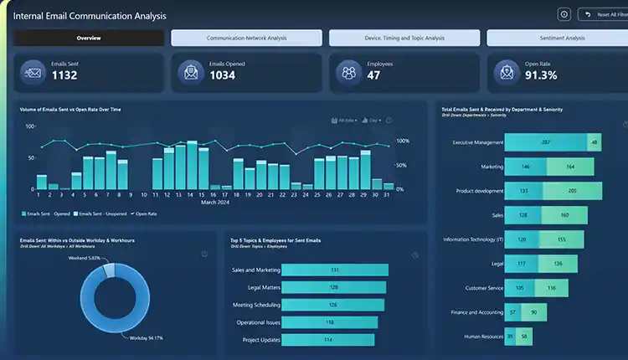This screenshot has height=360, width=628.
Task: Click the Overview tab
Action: [x=89, y=38]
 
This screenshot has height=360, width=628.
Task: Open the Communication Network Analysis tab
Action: [x=246, y=38]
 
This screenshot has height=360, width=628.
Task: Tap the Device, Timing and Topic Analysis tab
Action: [x=404, y=38]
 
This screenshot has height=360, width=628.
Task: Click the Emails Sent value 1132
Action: [x=66, y=76]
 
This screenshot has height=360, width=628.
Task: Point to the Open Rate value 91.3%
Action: [x=541, y=76]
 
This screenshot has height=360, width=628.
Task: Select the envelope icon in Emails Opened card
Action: [x=191, y=73]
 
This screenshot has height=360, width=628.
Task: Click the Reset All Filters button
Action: [x=602, y=14]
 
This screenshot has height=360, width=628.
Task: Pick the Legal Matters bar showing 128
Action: [x=334, y=287]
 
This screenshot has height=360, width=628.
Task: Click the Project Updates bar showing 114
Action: [x=328, y=339]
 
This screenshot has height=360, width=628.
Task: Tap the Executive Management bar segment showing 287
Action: [x=546, y=142]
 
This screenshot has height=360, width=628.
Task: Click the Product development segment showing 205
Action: [x=572, y=191]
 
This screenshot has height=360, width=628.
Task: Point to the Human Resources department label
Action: [x=484, y=337]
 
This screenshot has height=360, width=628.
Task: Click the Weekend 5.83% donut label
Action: [x=84, y=258]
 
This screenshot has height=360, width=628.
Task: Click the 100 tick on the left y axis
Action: [x=30, y=126]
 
